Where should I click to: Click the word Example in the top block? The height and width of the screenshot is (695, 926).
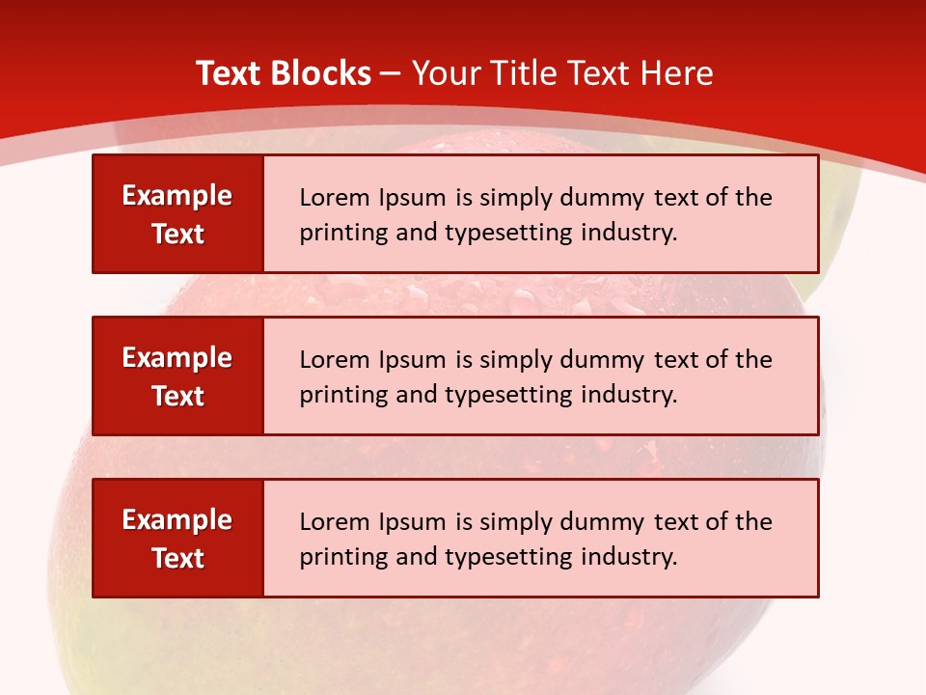click(177, 196)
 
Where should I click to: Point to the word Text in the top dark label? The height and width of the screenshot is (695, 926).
click(177, 234)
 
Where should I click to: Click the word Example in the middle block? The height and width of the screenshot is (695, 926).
click(177, 358)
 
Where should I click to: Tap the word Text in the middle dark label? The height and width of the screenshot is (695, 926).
click(177, 396)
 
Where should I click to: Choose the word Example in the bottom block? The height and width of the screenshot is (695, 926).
click(177, 520)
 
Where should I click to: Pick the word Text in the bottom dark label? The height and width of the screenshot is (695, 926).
click(177, 558)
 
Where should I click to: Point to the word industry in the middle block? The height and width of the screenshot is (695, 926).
click(630, 395)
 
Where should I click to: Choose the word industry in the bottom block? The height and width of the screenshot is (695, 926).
click(630, 557)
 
